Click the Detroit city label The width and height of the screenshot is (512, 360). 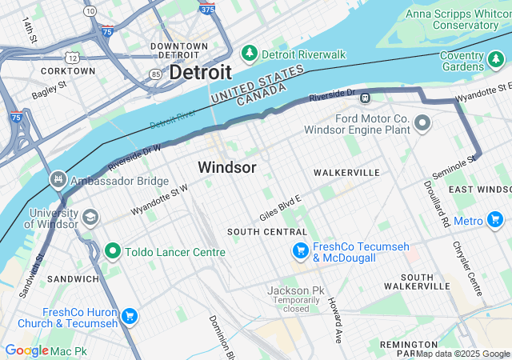click(201, 72)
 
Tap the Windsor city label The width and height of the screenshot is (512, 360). click(227, 167)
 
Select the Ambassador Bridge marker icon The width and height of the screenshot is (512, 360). click(58, 180)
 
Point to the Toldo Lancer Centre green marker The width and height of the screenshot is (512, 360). click(113, 251)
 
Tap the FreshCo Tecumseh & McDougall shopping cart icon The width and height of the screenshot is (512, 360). click(300, 251)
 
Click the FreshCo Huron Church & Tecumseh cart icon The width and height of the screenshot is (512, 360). click(129, 317)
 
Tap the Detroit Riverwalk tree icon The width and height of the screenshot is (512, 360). click(249, 54)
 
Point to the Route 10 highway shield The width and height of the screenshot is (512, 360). click(90, 11)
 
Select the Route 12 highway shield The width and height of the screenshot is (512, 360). click(72, 58)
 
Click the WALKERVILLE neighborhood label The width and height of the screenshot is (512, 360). click(346, 172)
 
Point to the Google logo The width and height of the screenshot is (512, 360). click(26, 350)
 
